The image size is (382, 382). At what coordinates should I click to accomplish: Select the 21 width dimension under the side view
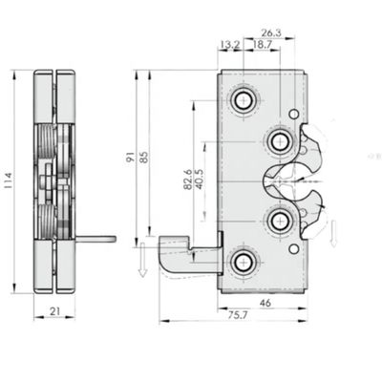pos(54,310)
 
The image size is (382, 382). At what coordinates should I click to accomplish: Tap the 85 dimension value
pos(144,158)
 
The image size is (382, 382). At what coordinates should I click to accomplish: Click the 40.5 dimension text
pos(198,179)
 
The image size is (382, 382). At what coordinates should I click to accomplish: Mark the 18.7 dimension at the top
pos(260,45)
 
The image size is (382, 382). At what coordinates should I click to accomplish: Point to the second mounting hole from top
pos(279,141)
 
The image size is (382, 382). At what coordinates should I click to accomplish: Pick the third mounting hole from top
pos(279,221)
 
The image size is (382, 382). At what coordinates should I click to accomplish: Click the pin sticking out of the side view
pos(99,239)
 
